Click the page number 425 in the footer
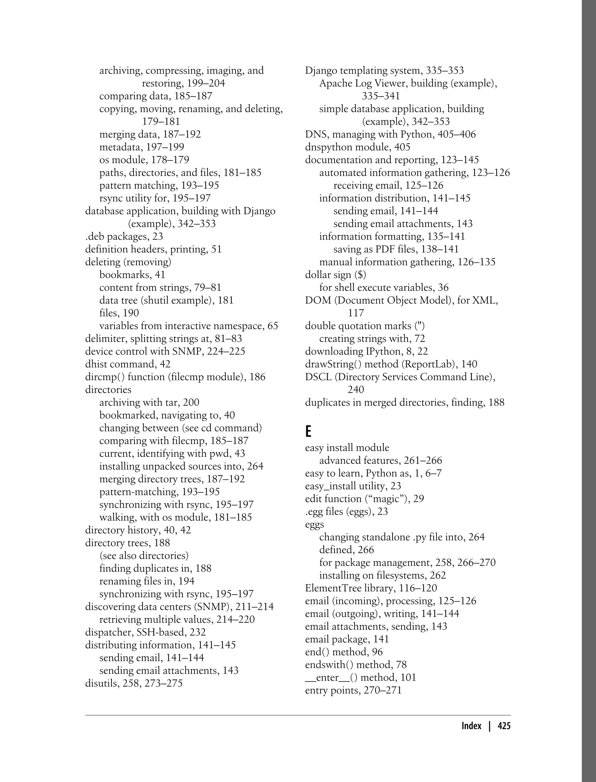(504, 726)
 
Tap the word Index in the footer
(471, 726)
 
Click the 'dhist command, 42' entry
(128, 364)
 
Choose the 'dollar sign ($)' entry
(335, 275)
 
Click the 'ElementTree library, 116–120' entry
(371, 588)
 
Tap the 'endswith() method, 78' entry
(355, 664)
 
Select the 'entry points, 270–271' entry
(353, 690)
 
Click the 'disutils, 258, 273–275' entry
(134, 690)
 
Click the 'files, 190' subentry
(119, 313)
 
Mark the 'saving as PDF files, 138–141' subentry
(396, 249)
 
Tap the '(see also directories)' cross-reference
(144, 555)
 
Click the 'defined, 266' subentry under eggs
(346, 550)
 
